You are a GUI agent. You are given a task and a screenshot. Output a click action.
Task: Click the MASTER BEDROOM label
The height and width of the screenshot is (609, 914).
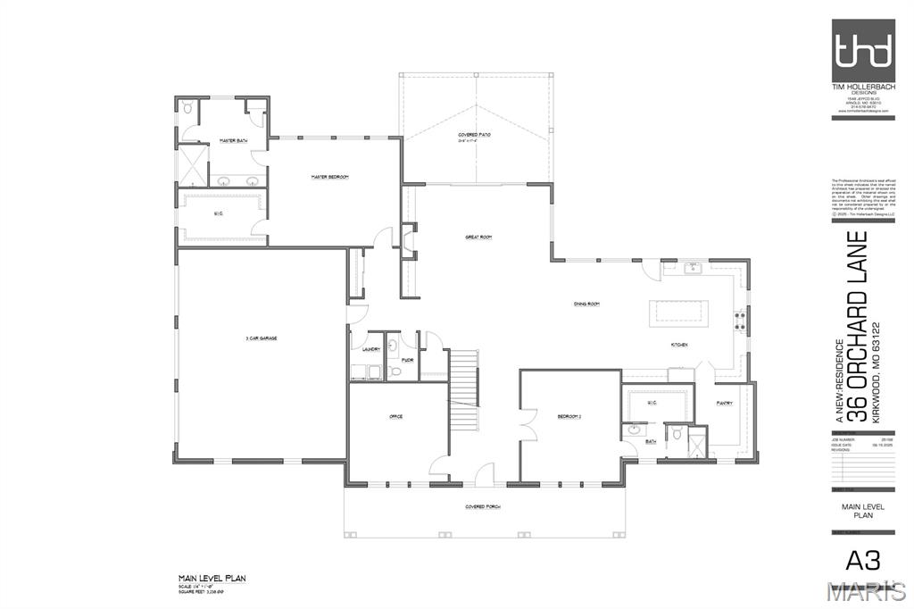(x=329, y=177)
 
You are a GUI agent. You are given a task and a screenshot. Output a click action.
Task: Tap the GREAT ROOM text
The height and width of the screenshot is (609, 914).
(x=478, y=237)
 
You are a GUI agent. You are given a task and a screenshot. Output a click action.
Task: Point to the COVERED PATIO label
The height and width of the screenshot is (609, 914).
(x=474, y=135)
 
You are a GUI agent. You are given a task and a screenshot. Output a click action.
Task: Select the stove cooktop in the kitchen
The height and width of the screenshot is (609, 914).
(x=739, y=320)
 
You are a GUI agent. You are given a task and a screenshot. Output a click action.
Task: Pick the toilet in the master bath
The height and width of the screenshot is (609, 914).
(x=187, y=107)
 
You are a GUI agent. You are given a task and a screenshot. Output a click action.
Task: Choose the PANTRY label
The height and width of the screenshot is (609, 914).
(x=724, y=403)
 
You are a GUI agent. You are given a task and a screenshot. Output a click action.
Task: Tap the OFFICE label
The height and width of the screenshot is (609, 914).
(x=396, y=417)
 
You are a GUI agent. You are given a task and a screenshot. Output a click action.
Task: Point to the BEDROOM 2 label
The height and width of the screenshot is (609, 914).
(x=569, y=417)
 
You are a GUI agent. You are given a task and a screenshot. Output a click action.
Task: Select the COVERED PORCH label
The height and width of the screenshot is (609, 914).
(x=482, y=506)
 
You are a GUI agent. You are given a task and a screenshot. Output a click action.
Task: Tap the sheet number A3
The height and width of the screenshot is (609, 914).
(x=862, y=560)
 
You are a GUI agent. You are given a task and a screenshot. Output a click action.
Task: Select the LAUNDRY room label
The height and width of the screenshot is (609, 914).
(x=371, y=349)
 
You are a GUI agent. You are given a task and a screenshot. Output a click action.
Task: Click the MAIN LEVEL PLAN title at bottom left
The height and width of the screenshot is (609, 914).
(x=212, y=579)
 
